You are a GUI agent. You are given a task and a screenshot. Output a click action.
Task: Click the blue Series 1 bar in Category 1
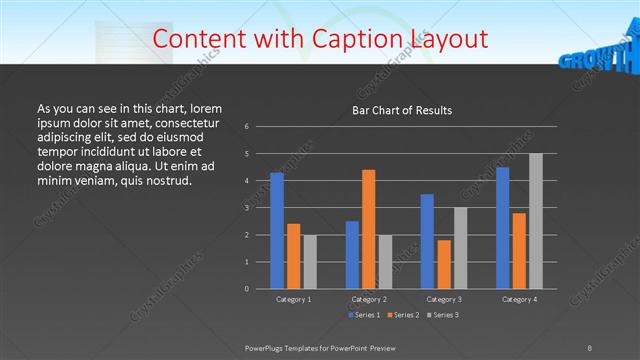[x=277, y=231]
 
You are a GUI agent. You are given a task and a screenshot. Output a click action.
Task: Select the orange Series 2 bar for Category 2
[x=368, y=229]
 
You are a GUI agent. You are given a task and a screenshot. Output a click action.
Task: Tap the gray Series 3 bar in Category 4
[x=535, y=221]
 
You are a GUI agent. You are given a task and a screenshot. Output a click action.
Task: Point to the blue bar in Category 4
[x=502, y=228]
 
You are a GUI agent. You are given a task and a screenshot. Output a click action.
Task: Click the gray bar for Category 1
[x=310, y=262]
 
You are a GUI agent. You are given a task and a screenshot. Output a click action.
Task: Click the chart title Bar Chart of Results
[x=395, y=110]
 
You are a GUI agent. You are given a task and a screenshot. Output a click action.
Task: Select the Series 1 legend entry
[x=364, y=315]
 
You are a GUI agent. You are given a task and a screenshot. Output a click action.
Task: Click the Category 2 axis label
[x=369, y=299]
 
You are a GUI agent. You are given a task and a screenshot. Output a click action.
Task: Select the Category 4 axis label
[x=519, y=299]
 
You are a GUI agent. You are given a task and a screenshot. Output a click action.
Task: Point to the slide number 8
[x=591, y=346]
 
